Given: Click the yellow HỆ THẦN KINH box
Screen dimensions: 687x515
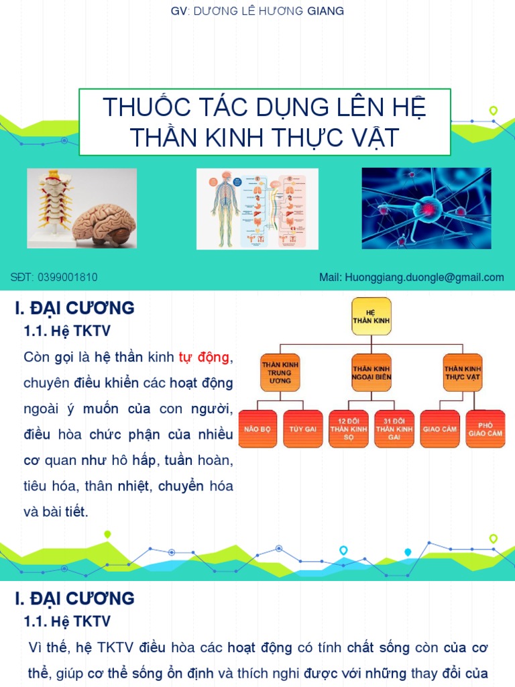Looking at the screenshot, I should (371, 316).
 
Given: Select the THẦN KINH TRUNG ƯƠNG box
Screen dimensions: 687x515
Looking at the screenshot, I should (280, 372).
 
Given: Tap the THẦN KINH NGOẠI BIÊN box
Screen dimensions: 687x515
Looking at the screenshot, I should (371, 372).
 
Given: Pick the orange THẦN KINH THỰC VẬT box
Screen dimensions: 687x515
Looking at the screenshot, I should (463, 372).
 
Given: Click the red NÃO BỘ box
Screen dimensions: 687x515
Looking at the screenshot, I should (257, 429).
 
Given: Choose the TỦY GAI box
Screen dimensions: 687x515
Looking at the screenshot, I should (303, 429).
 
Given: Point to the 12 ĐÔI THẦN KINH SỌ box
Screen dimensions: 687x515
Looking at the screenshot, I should (349, 429).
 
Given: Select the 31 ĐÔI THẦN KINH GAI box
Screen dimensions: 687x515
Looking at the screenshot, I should (394, 429).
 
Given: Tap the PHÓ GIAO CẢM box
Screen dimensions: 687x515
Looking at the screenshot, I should (485, 429).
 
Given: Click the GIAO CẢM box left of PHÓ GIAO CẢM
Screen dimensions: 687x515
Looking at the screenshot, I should (440, 429).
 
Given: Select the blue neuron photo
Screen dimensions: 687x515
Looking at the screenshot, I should (426, 208).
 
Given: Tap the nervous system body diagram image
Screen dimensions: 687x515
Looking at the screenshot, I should (257, 208).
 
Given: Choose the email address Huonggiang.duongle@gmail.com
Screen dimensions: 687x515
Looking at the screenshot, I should (420, 277).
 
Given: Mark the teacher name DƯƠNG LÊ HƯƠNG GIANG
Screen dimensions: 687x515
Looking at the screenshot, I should (269, 11).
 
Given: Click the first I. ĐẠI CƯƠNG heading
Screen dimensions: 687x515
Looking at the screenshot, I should (74, 308).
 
